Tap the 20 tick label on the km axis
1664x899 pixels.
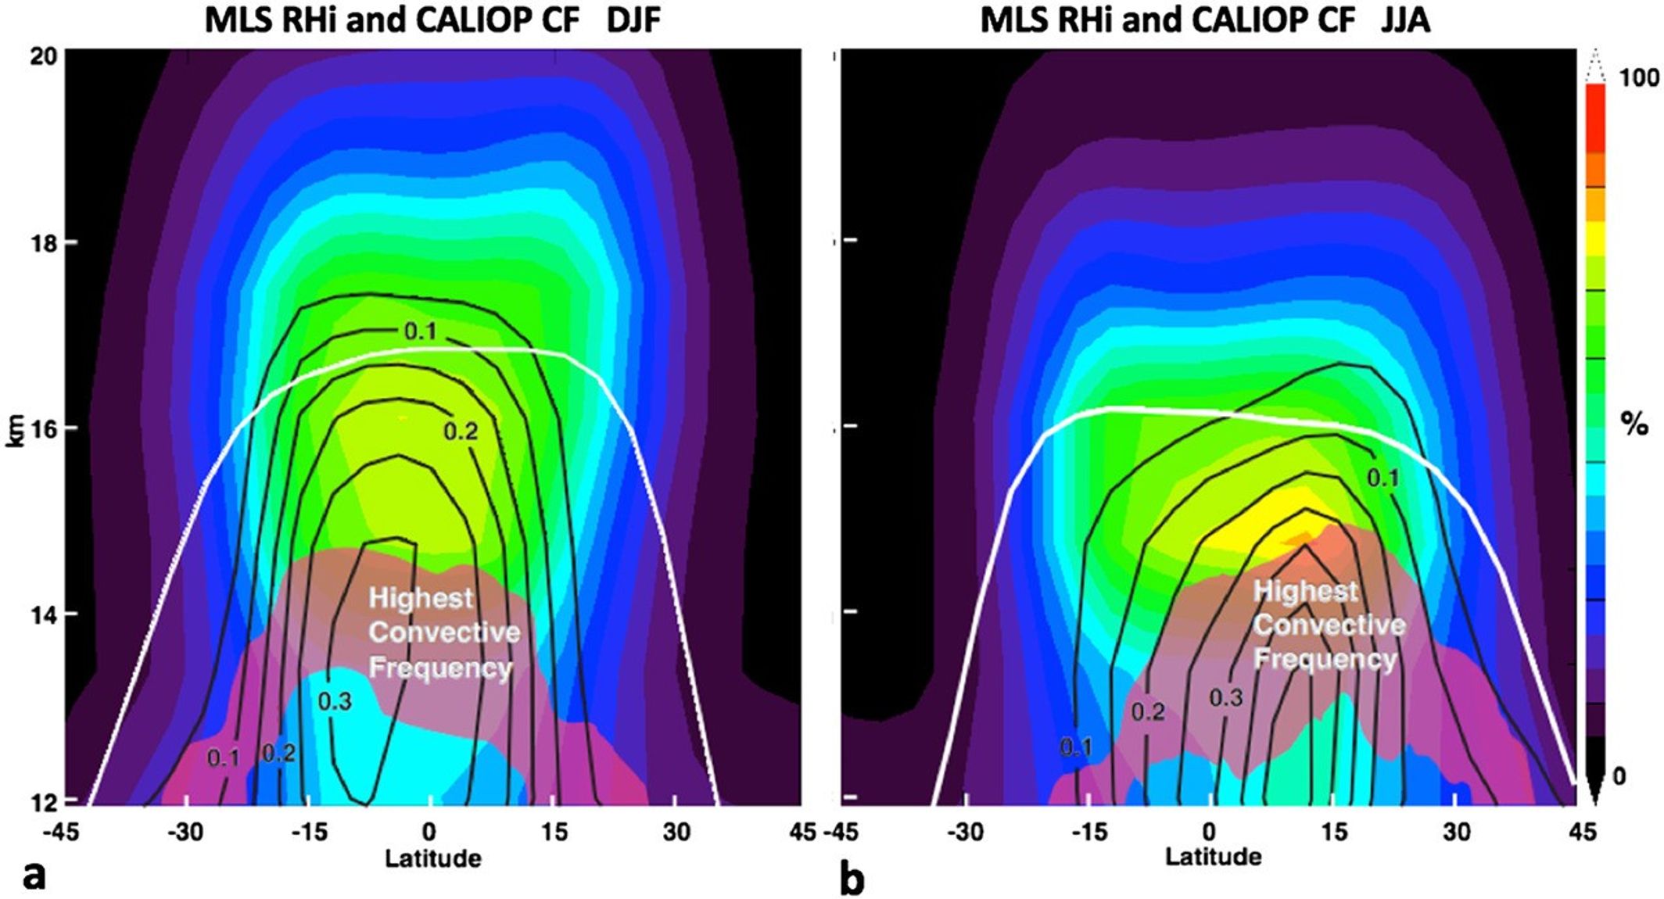[45, 56]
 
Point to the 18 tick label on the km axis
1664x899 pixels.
[45, 242]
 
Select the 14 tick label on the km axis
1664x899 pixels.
[45, 614]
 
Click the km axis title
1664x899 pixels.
[16, 429]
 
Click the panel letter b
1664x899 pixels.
[852, 878]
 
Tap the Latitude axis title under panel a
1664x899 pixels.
[432, 858]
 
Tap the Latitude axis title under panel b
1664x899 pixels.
[1213, 856]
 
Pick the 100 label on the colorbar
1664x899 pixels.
[1638, 77]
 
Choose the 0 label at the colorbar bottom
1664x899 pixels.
[1619, 776]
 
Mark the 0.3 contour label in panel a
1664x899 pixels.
[335, 701]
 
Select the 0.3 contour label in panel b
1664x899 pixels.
[1226, 697]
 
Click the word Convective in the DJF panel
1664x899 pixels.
[444, 632]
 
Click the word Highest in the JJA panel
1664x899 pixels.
[1305, 591]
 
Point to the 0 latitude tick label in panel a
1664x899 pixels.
[429, 832]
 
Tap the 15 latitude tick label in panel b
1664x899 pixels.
[1335, 832]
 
